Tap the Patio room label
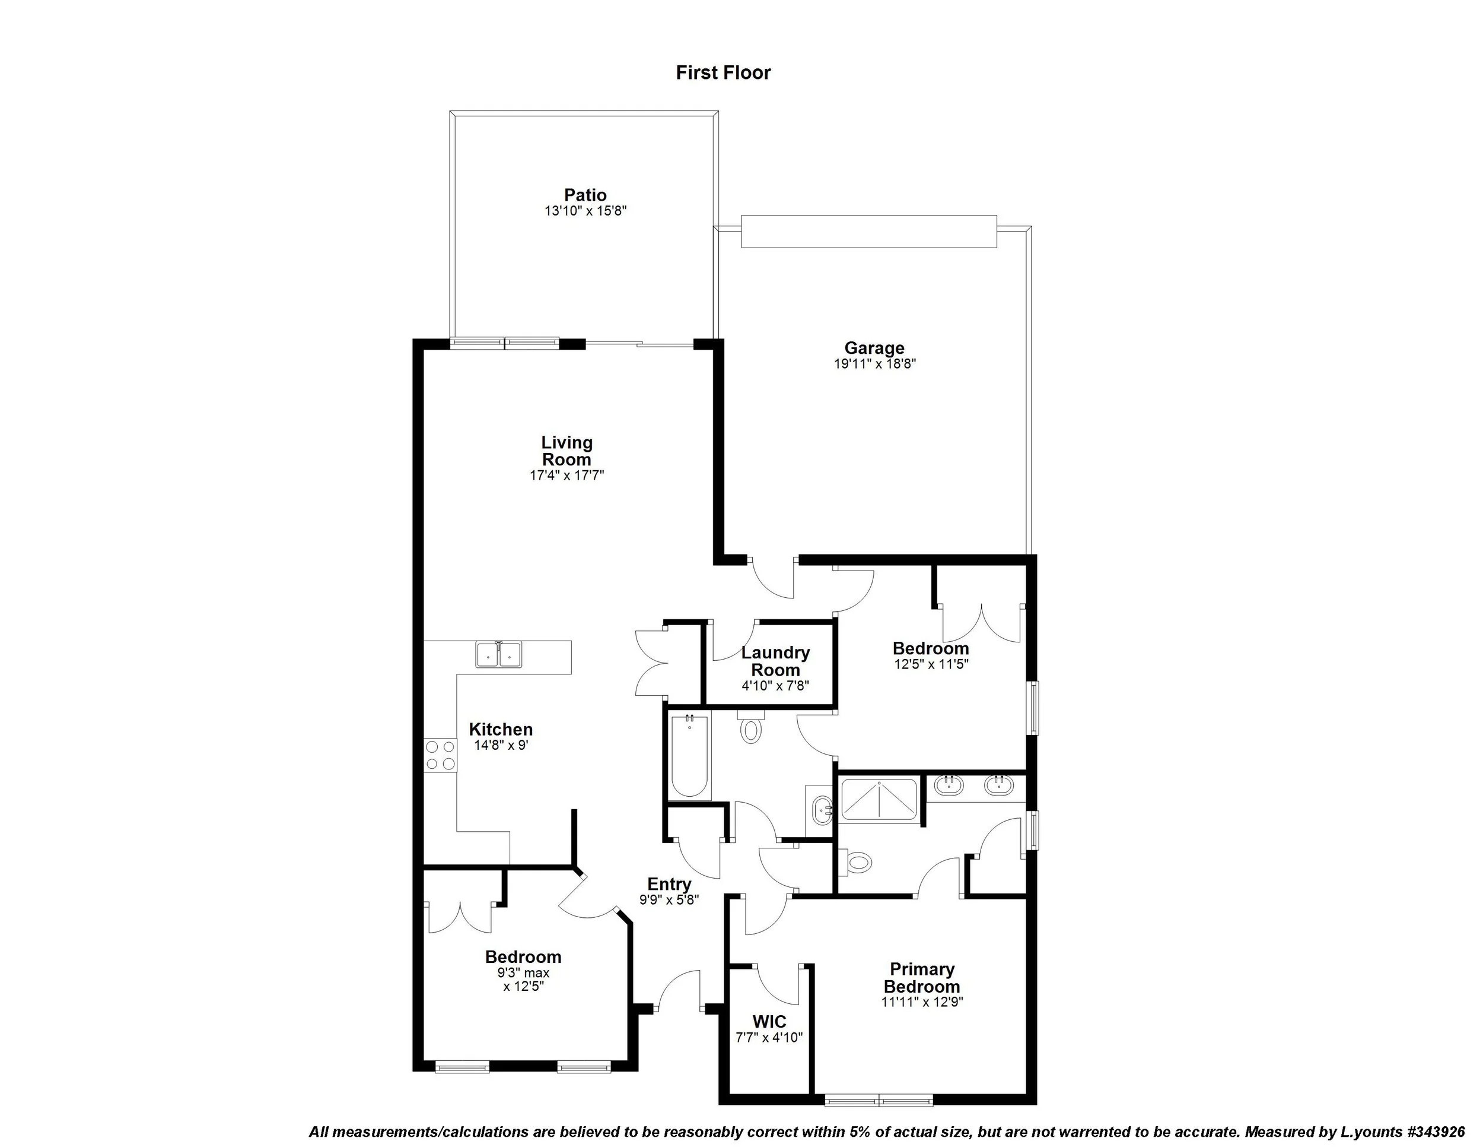pos(585,195)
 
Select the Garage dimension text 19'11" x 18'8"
pos(874,363)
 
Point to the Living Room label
pos(567,451)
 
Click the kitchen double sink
pos(498,655)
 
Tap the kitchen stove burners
pos(440,755)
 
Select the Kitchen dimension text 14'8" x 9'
pos(501,746)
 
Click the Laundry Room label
pos(775,661)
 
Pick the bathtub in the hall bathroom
pos(689,756)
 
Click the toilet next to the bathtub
pos(750,728)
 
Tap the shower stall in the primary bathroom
pos(879,800)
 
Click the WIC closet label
pos(769,1021)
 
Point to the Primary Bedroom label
pos(921,978)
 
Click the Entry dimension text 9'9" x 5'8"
pos(669,899)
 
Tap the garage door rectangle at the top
pos(868,231)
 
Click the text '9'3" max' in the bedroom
pos(523,972)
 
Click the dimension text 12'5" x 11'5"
pos(930,664)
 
